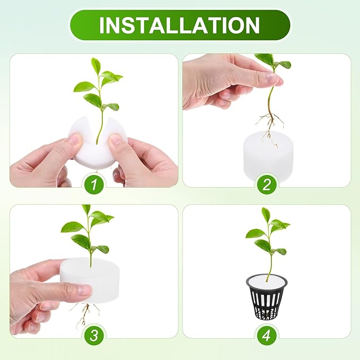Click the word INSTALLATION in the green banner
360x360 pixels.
click(180, 25)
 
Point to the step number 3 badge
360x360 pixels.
click(94, 335)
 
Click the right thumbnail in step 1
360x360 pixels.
click(116, 141)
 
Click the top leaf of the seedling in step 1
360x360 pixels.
click(96, 65)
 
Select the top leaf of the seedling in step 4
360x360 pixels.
click(266, 214)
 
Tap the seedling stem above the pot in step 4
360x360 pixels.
click(269, 265)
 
